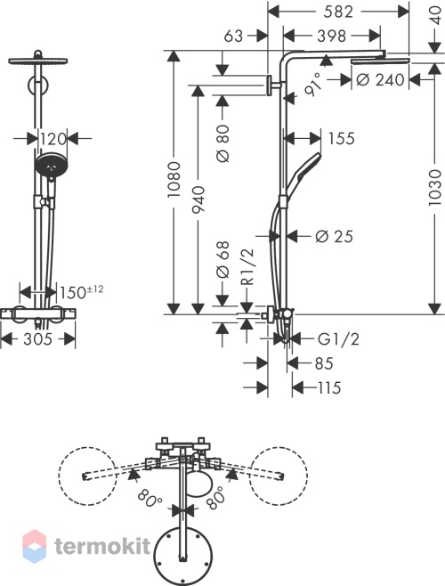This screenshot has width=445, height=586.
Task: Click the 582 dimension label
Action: point(338,12)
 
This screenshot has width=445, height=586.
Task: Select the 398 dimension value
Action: point(331,37)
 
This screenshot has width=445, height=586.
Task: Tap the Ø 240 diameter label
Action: point(380,79)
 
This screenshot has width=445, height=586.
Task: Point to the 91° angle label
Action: point(313,85)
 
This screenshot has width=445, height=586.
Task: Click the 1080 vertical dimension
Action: point(174,180)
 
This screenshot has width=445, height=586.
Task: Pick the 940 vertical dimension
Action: point(198,199)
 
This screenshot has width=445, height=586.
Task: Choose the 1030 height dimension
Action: point(435,188)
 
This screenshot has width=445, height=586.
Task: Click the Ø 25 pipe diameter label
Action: point(334,236)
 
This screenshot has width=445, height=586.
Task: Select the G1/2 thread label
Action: point(338,339)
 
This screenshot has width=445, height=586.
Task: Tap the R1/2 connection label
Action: point(247,267)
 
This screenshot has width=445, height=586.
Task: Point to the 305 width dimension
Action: point(38,339)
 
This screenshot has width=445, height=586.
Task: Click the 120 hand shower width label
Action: point(53,139)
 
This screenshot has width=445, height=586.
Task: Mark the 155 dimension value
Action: point(341,139)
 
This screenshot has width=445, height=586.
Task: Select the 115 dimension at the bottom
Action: point(329,387)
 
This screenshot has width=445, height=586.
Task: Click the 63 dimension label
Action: point(233,37)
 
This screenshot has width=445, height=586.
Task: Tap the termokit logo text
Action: point(102,546)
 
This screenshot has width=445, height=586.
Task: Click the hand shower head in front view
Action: point(52,166)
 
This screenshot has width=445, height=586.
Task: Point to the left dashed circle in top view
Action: point(87,476)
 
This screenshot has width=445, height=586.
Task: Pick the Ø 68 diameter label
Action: point(223,260)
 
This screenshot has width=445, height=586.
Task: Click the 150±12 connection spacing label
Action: point(82,292)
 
